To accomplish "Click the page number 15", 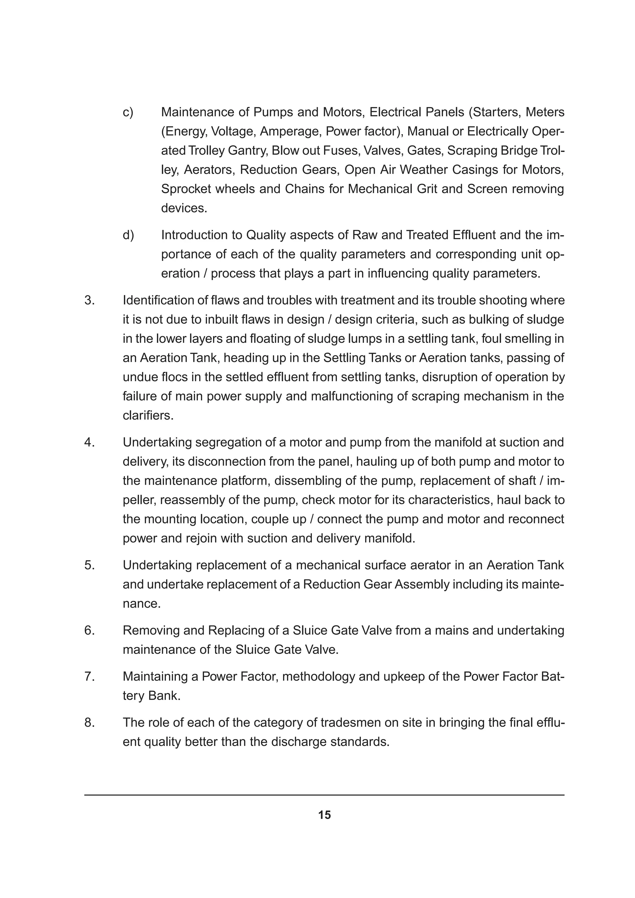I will pos(324,815).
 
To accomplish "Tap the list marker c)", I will pos(128,112).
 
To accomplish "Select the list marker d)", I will pos(128,235).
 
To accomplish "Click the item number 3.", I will pos(90,300).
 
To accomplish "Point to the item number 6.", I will pos(90,631).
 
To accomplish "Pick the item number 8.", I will pos(90,722).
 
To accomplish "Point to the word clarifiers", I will pos(148,415).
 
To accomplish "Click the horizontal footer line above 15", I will pos(324,795).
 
